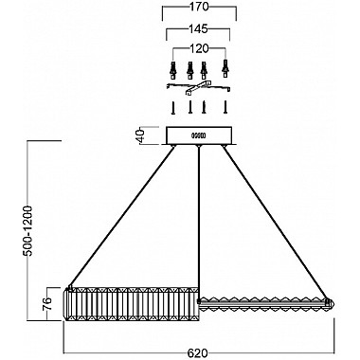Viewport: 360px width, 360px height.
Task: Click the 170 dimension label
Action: point(200,8)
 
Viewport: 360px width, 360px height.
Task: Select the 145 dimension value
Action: point(199,29)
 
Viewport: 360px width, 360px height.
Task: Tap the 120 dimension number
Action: point(199,48)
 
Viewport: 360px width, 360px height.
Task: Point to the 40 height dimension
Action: point(141,135)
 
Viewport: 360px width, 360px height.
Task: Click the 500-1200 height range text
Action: point(28,231)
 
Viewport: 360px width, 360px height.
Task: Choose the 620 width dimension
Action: point(198,351)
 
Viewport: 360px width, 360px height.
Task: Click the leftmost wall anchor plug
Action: point(172,69)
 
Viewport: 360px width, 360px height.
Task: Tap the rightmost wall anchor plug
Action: point(225,68)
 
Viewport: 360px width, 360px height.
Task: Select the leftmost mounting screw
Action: point(172,108)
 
